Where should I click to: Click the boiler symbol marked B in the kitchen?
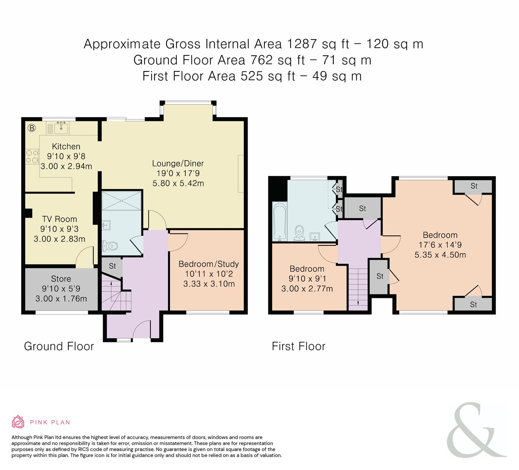32,128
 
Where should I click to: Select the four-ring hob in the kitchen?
32,156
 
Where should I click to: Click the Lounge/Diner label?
178,164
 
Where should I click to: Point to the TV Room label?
60,219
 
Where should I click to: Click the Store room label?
61,279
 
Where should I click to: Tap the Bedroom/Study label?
208,264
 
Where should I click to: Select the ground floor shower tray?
121,201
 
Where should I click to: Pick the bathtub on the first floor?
280,222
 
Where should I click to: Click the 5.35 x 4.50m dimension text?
440,255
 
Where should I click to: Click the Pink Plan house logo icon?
18,422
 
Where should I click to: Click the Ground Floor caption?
59,346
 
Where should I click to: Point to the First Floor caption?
298,346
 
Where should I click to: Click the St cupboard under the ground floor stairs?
112,266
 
